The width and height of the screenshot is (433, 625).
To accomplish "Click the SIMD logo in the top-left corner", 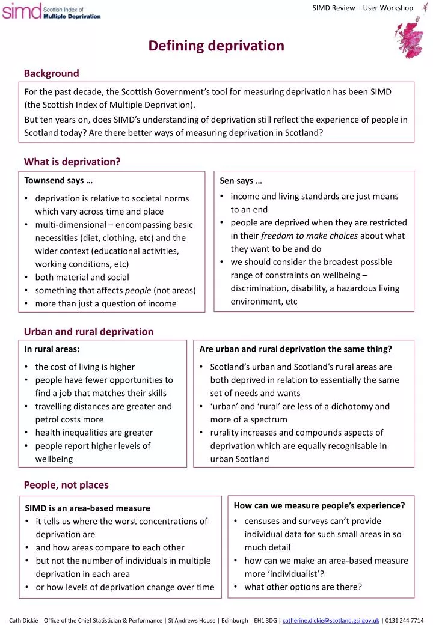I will [x=51, y=11].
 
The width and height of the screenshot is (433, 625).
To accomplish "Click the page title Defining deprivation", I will [x=216, y=46].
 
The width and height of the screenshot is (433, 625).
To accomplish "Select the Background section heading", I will [x=52, y=73].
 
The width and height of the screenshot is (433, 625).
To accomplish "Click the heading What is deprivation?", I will [x=72, y=162].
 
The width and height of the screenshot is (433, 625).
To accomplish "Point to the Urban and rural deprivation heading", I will [x=88, y=331].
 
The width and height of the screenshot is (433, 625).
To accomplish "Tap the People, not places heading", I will [x=66, y=485].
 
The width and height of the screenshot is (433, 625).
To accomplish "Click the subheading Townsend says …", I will [x=58, y=180].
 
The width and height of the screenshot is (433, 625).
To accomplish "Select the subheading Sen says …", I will [x=241, y=180].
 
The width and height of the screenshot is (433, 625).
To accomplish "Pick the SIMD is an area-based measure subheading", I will [x=87, y=508].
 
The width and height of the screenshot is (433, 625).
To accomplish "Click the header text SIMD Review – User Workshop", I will [x=363, y=8].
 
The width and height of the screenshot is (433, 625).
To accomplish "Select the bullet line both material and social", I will [x=82, y=278].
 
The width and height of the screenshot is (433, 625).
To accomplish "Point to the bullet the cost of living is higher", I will [x=85, y=367].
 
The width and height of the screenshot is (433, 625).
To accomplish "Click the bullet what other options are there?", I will [x=303, y=587].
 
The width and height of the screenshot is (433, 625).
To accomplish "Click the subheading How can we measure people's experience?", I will [x=319, y=505].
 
